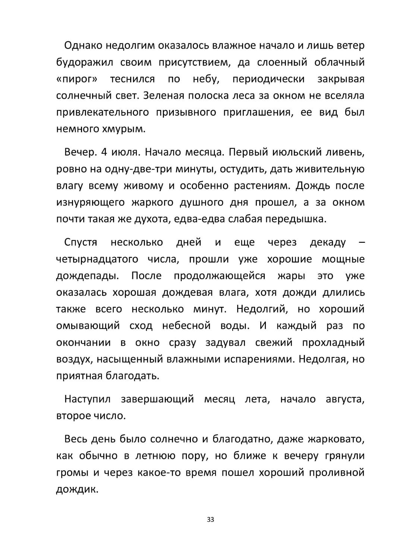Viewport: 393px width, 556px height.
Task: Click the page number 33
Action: (210, 519)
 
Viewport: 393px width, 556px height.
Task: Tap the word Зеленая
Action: (163, 96)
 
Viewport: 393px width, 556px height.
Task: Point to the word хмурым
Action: (123, 129)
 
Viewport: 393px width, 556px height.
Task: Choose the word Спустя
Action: (81, 242)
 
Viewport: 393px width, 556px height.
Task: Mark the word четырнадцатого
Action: (97, 259)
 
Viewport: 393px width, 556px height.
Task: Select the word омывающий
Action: (88, 326)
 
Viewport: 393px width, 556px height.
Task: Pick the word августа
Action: (345, 399)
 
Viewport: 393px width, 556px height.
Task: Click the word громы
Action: (72, 473)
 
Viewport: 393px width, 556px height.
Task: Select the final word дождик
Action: (77, 489)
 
